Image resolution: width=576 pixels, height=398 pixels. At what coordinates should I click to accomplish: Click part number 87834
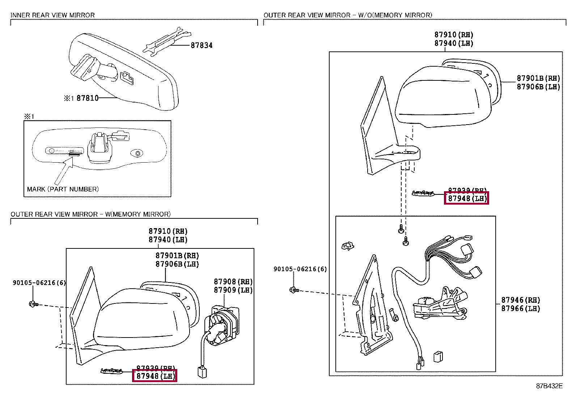click(202, 45)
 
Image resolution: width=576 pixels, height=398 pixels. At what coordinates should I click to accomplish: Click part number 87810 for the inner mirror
click(88, 98)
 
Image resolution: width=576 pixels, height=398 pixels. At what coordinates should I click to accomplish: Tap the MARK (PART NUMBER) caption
click(63, 189)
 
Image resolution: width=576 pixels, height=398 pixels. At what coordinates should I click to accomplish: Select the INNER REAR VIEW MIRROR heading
click(52, 15)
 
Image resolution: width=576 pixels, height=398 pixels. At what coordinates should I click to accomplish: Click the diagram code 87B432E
click(549, 386)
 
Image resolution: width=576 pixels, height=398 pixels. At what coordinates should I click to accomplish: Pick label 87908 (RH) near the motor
click(233, 282)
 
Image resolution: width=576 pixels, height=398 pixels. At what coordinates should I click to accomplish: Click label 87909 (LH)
click(233, 290)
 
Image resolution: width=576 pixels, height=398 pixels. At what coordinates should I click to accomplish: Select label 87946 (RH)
click(520, 300)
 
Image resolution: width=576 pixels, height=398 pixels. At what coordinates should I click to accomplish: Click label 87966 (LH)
click(520, 309)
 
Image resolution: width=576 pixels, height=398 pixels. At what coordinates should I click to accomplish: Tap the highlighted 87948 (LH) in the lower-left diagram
click(155, 376)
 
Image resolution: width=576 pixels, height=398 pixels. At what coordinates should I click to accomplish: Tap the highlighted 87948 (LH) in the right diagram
click(466, 198)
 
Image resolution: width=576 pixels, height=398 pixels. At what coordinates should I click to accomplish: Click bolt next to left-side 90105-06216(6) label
click(33, 304)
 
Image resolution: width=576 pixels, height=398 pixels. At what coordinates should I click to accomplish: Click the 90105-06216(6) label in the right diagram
click(300, 269)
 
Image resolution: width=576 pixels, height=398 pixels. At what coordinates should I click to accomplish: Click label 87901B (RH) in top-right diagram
click(538, 78)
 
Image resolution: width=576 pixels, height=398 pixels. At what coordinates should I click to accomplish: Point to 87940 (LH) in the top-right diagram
click(454, 43)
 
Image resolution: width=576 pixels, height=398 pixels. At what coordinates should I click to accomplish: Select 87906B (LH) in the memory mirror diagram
click(177, 264)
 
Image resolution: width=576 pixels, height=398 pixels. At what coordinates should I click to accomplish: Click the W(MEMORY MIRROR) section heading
click(90, 214)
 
